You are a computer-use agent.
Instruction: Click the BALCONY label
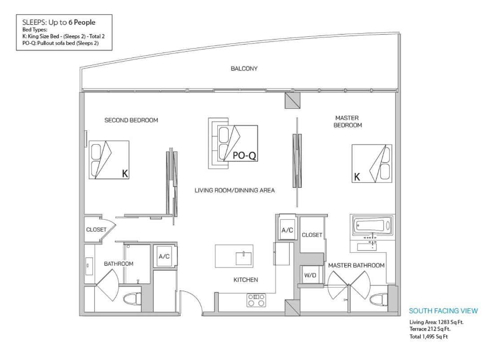244,69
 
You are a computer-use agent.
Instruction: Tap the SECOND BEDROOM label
131,120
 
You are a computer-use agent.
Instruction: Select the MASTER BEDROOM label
348,121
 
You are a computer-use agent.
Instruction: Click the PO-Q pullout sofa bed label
244,156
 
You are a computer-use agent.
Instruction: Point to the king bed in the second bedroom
109,160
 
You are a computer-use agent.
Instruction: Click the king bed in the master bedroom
372,163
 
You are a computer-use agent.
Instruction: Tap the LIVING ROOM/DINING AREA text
234,191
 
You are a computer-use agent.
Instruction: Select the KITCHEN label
246,280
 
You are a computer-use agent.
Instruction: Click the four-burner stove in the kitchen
256,300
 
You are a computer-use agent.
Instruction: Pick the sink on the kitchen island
244,259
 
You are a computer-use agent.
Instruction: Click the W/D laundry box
310,276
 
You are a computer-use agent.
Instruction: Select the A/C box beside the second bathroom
164,257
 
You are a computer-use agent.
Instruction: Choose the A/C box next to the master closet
287,230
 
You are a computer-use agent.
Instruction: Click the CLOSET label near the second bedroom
96,230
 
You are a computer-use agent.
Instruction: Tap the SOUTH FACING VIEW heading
443,311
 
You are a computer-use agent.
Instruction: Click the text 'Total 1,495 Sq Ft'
428,337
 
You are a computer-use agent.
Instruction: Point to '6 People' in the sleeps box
82,22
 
